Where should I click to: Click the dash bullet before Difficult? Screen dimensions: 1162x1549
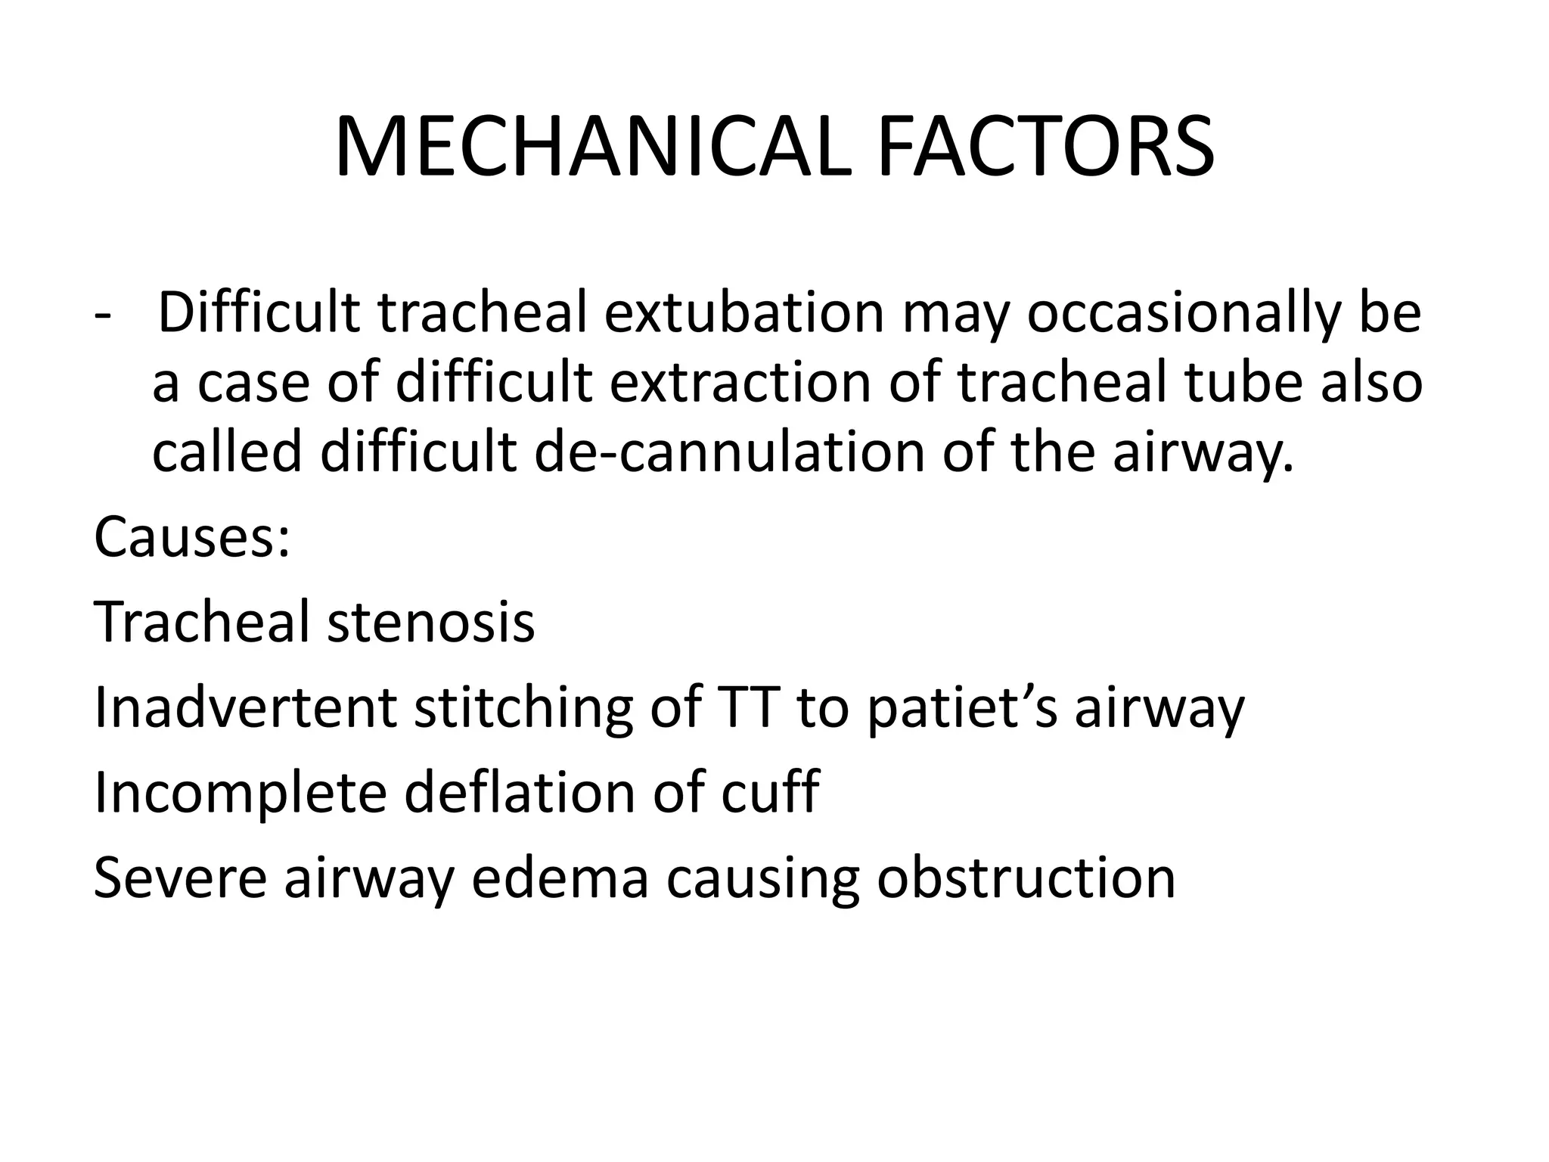click(101, 313)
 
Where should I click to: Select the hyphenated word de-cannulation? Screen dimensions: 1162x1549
click(729, 451)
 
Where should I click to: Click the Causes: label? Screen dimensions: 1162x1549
click(192, 537)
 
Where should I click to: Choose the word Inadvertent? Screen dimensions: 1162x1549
click(245, 708)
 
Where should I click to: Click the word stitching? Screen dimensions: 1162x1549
click(523, 710)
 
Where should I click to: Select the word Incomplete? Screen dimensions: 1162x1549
click(240, 793)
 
